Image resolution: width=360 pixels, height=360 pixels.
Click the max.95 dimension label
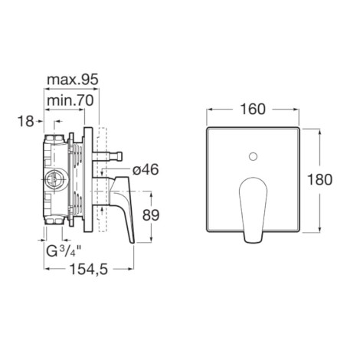coord(73,80)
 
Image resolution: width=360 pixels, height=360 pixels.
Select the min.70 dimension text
coord(70,100)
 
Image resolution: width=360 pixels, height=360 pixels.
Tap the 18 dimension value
coord(25,121)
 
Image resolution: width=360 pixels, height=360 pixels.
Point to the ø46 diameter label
coord(146,169)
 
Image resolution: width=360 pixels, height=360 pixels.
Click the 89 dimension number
coord(151,215)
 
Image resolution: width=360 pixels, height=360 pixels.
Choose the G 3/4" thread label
coord(64,251)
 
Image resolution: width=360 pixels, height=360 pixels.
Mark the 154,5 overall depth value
coord(89,269)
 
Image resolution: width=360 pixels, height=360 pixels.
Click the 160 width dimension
coord(253,110)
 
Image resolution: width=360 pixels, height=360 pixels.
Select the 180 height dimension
coord(319,179)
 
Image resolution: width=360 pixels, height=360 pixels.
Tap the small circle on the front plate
coord(253,156)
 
